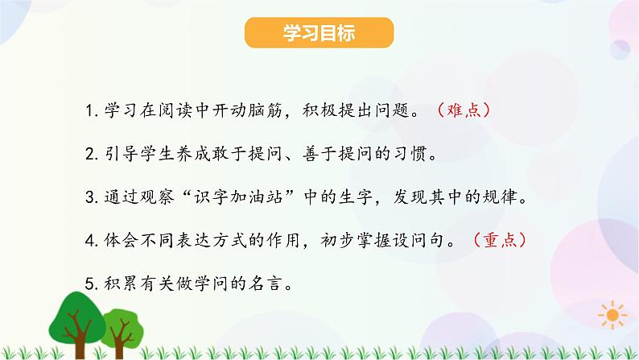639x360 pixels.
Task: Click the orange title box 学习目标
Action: coord(319,35)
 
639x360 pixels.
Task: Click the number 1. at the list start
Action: coord(89,110)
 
